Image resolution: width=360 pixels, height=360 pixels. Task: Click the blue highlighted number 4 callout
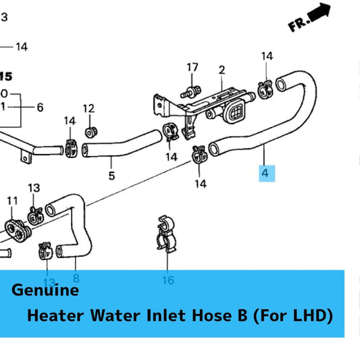265,174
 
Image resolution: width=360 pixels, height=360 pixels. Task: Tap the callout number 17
193,67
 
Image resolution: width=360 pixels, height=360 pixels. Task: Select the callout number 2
221,70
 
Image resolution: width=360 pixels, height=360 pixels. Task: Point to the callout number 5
112,176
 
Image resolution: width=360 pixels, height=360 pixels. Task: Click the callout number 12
88,108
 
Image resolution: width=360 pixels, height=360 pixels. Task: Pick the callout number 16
168,280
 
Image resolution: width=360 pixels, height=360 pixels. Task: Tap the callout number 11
12,201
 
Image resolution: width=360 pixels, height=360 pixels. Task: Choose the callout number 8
76,278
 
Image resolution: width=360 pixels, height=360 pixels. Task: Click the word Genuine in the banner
45,291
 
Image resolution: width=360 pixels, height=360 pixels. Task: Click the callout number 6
40,107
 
